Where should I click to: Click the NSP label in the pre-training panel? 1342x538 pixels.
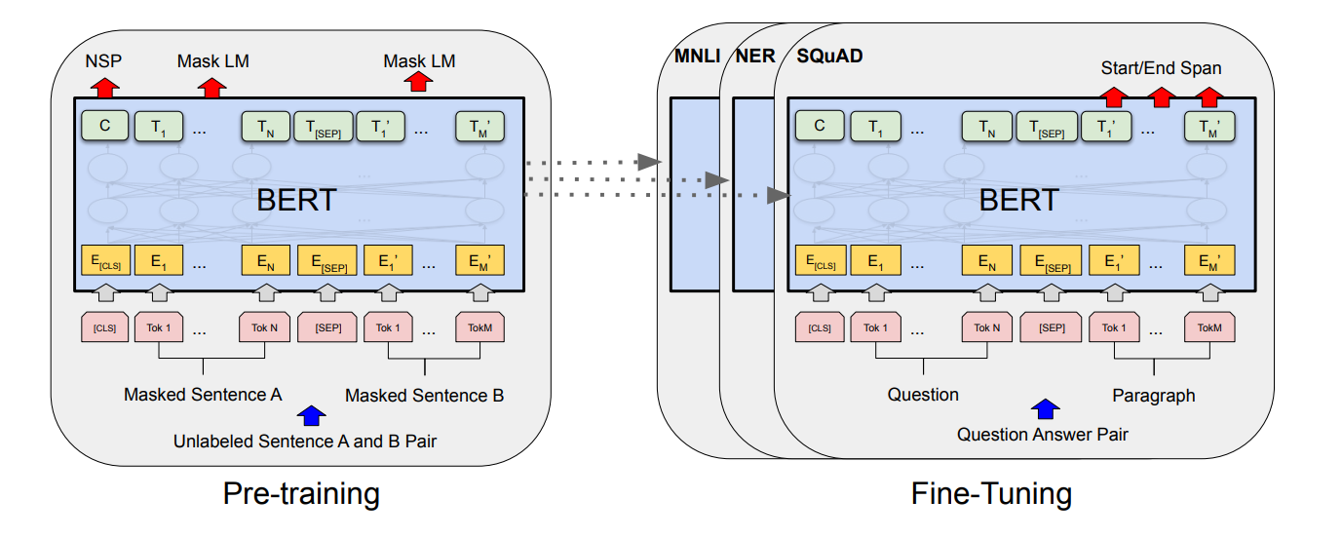(x=103, y=61)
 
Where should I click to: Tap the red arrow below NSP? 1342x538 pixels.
(x=105, y=88)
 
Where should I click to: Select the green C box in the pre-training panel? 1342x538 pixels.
(x=105, y=126)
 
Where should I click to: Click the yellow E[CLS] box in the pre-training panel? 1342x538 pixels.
(x=105, y=260)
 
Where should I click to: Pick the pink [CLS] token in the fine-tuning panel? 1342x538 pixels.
(x=820, y=327)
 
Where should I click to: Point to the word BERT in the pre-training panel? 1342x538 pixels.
(x=296, y=200)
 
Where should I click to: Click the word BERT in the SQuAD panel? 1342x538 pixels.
(x=1019, y=200)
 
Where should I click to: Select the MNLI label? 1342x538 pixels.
(x=697, y=57)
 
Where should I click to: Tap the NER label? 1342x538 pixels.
(x=755, y=57)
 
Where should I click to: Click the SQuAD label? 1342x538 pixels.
(x=829, y=57)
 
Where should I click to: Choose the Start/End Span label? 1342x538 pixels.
(x=1161, y=68)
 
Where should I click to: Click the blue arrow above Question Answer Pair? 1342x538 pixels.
(x=1046, y=408)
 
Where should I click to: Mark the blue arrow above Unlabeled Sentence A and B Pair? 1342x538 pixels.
(x=312, y=415)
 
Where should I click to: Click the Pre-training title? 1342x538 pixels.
(x=301, y=494)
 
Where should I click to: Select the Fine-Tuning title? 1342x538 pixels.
(x=991, y=494)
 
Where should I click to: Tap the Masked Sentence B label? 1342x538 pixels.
(x=424, y=396)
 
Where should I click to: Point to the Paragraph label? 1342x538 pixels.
(x=1154, y=396)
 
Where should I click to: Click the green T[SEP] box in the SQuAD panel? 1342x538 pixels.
(x=1047, y=127)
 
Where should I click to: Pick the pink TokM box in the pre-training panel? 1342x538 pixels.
(x=479, y=327)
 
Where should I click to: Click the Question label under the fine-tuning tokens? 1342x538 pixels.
(x=923, y=395)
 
